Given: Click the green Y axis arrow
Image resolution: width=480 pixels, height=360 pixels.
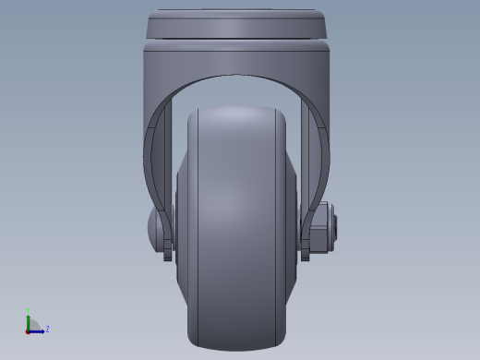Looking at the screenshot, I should coord(29,318).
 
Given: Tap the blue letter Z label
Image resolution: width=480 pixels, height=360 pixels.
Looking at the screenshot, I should coord(47,329).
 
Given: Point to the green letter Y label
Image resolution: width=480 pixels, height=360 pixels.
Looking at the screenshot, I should coord(29,310).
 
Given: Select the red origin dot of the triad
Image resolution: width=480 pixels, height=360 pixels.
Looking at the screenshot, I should coord(29,330).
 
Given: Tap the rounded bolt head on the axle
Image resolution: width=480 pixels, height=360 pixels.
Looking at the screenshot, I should coord(154,224).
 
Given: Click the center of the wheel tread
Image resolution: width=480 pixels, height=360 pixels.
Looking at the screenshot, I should coord(237,231).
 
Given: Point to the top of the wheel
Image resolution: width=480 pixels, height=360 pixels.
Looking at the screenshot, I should coord(237,109).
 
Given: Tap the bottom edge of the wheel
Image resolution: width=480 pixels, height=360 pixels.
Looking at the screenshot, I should coord(237,348).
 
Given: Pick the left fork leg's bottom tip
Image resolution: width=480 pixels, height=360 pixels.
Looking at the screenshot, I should coord(168,258).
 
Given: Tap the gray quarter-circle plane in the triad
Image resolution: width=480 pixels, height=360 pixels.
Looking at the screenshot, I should coord(34,324).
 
